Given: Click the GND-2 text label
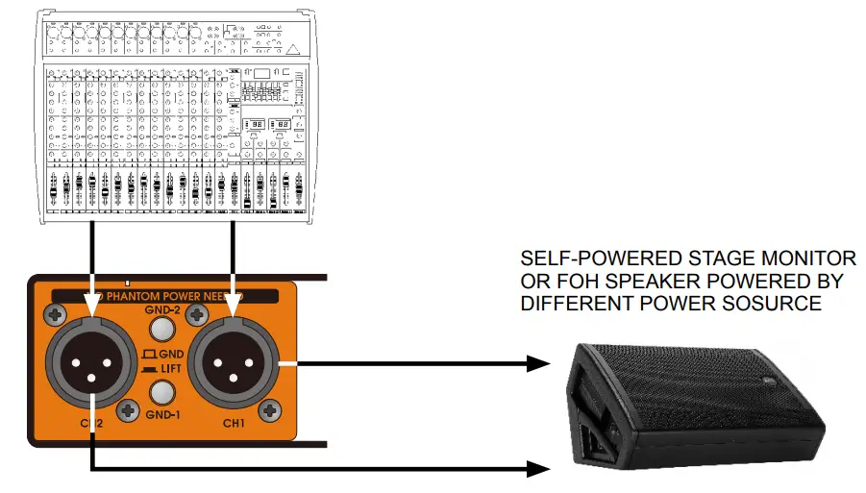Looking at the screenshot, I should point(161,310).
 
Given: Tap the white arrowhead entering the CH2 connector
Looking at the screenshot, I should point(92,304).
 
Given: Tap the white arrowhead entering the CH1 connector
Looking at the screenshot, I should point(233,304).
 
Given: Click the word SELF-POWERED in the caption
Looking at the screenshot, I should point(597,259).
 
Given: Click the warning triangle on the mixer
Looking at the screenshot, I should point(293,49).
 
